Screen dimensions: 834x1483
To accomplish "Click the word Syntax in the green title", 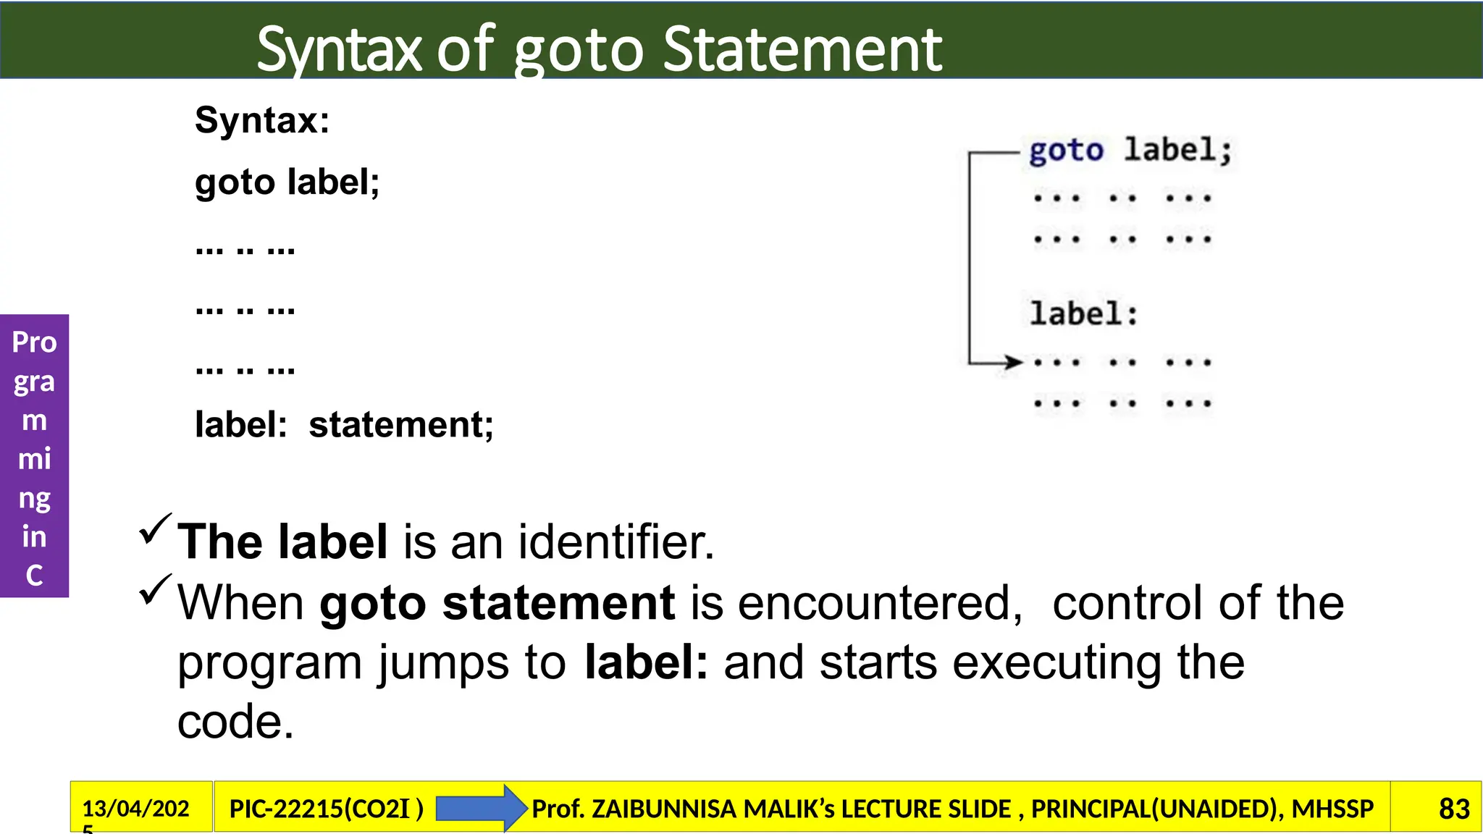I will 339,51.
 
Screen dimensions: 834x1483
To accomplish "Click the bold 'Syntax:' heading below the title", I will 262,120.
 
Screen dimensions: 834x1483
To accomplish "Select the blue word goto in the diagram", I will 1066,151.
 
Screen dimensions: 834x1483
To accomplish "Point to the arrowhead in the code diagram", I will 1012,362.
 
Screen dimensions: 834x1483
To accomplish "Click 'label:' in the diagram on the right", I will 1083,314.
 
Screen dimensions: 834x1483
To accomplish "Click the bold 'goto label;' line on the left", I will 287,182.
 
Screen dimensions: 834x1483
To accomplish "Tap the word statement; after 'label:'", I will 401,424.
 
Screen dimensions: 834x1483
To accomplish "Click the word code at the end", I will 235,722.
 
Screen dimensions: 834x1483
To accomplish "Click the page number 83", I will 1453,809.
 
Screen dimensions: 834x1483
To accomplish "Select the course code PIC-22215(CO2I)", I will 326,809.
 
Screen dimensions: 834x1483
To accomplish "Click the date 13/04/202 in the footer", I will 135,808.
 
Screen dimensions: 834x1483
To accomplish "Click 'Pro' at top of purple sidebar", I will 34,342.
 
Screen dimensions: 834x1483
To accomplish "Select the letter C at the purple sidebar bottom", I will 34,576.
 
